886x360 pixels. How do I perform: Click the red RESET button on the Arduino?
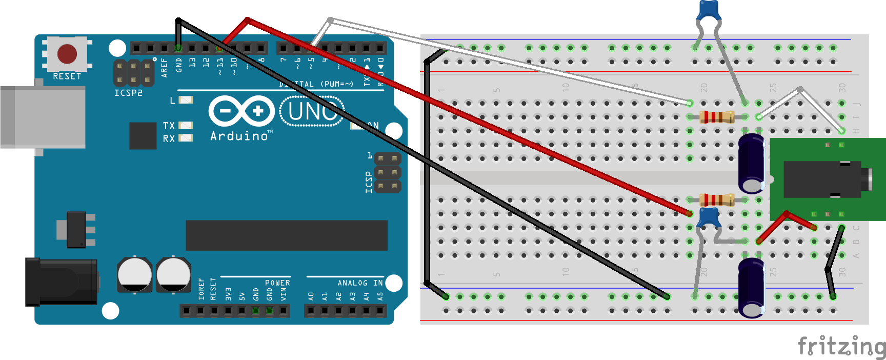(x=67, y=53)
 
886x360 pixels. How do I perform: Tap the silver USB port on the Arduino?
(x=43, y=117)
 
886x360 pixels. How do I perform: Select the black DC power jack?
(x=62, y=282)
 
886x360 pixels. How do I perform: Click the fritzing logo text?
(x=841, y=347)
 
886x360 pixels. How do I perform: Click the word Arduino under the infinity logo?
(x=239, y=136)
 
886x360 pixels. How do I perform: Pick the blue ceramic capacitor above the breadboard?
(x=709, y=10)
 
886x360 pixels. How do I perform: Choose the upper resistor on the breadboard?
(x=717, y=117)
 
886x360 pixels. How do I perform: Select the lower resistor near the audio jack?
(x=717, y=200)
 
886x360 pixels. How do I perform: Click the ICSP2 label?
(x=128, y=93)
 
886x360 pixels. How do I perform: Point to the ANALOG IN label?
(x=360, y=283)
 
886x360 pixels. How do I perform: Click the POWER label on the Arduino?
(x=277, y=283)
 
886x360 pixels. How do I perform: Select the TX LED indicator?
(x=185, y=125)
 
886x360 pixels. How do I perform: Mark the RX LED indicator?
(x=185, y=138)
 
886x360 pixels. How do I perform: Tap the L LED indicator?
(x=186, y=100)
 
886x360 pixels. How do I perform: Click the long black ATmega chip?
(x=286, y=235)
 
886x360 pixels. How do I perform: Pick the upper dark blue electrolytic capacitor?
(x=752, y=163)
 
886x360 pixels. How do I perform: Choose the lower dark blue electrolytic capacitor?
(x=751, y=288)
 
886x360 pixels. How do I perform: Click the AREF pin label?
(x=165, y=68)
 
